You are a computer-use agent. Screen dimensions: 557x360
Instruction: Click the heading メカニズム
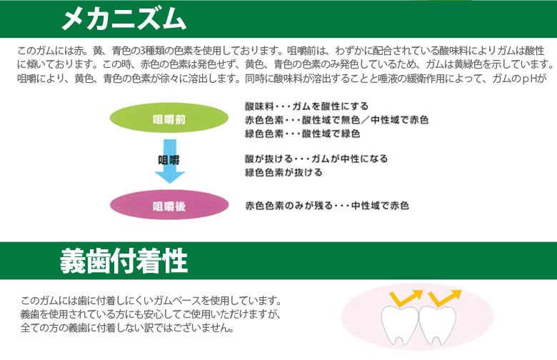tap(124, 19)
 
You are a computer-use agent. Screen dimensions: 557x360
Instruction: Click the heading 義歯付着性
tap(124, 261)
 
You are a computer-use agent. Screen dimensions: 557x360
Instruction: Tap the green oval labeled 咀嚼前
tap(169, 118)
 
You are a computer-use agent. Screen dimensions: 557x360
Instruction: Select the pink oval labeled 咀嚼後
tap(169, 205)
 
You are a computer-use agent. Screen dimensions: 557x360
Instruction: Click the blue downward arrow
tap(170, 161)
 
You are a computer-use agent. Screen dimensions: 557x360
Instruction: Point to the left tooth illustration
tap(400, 325)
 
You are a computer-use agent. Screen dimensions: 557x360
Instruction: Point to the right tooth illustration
tap(438, 325)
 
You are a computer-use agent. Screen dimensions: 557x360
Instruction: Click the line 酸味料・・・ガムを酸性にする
tap(306, 106)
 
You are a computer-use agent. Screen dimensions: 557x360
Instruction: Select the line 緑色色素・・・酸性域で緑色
tap(302, 134)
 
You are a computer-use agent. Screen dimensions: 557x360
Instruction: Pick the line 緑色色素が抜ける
tap(283, 172)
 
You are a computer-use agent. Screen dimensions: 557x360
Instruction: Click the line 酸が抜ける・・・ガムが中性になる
tap(316, 159)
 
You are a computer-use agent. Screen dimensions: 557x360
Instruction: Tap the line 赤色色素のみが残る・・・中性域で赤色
tap(327, 206)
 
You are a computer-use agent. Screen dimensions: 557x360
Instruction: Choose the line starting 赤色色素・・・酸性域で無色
tap(336, 120)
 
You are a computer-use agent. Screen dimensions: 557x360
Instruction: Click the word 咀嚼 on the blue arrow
tap(169, 160)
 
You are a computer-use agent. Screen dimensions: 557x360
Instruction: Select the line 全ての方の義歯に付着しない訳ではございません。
tap(127, 327)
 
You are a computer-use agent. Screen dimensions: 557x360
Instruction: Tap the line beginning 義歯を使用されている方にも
tap(151, 314)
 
